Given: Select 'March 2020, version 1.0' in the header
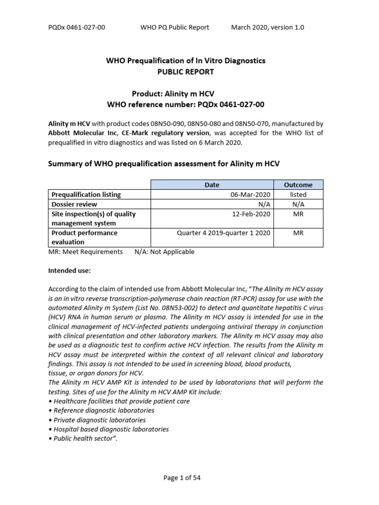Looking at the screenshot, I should click(x=267, y=27).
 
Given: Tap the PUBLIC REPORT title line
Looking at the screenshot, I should click(x=186, y=72).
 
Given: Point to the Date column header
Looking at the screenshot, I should click(x=212, y=185).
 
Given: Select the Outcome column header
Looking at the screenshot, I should click(x=298, y=185).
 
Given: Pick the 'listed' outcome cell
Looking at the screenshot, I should click(x=298, y=195).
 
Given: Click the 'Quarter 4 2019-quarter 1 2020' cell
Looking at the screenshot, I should click(x=224, y=233).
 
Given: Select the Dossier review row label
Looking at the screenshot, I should click(x=75, y=204).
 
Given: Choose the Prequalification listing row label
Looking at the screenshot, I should click(x=86, y=195).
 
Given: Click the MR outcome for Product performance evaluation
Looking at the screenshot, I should click(x=298, y=233).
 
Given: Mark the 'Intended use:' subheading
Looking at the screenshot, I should click(x=70, y=271).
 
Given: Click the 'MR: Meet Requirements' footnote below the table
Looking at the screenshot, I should click(x=85, y=252).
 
